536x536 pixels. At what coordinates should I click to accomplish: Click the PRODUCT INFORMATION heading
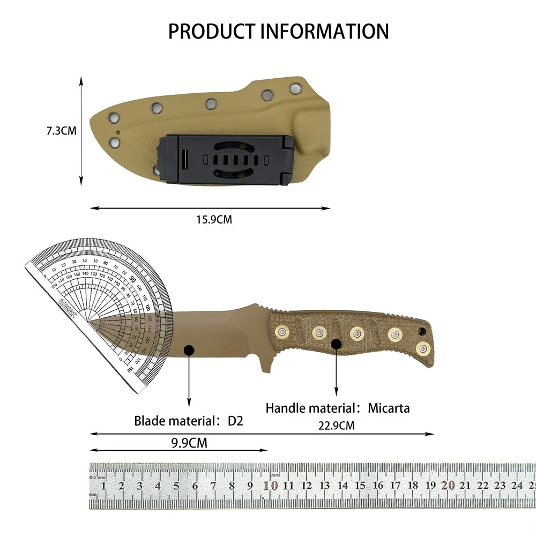[278, 31]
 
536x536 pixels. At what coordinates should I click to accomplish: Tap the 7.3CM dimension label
[61, 131]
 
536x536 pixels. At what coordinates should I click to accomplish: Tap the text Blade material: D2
[189, 421]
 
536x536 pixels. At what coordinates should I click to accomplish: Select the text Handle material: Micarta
[338, 408]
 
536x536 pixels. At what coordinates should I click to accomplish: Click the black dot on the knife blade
[189, 351]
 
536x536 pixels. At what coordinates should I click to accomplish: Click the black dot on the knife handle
[336, 344]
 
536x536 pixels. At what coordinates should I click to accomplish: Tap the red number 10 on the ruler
[271, 486]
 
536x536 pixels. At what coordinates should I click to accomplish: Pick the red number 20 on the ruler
[448, 486]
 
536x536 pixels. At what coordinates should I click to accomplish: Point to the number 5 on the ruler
[176, 486]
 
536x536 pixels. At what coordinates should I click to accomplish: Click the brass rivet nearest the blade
[280, 332]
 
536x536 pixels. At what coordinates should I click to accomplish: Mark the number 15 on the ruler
[360, 486]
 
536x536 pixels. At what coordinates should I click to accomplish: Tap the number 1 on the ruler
[103, 486]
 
